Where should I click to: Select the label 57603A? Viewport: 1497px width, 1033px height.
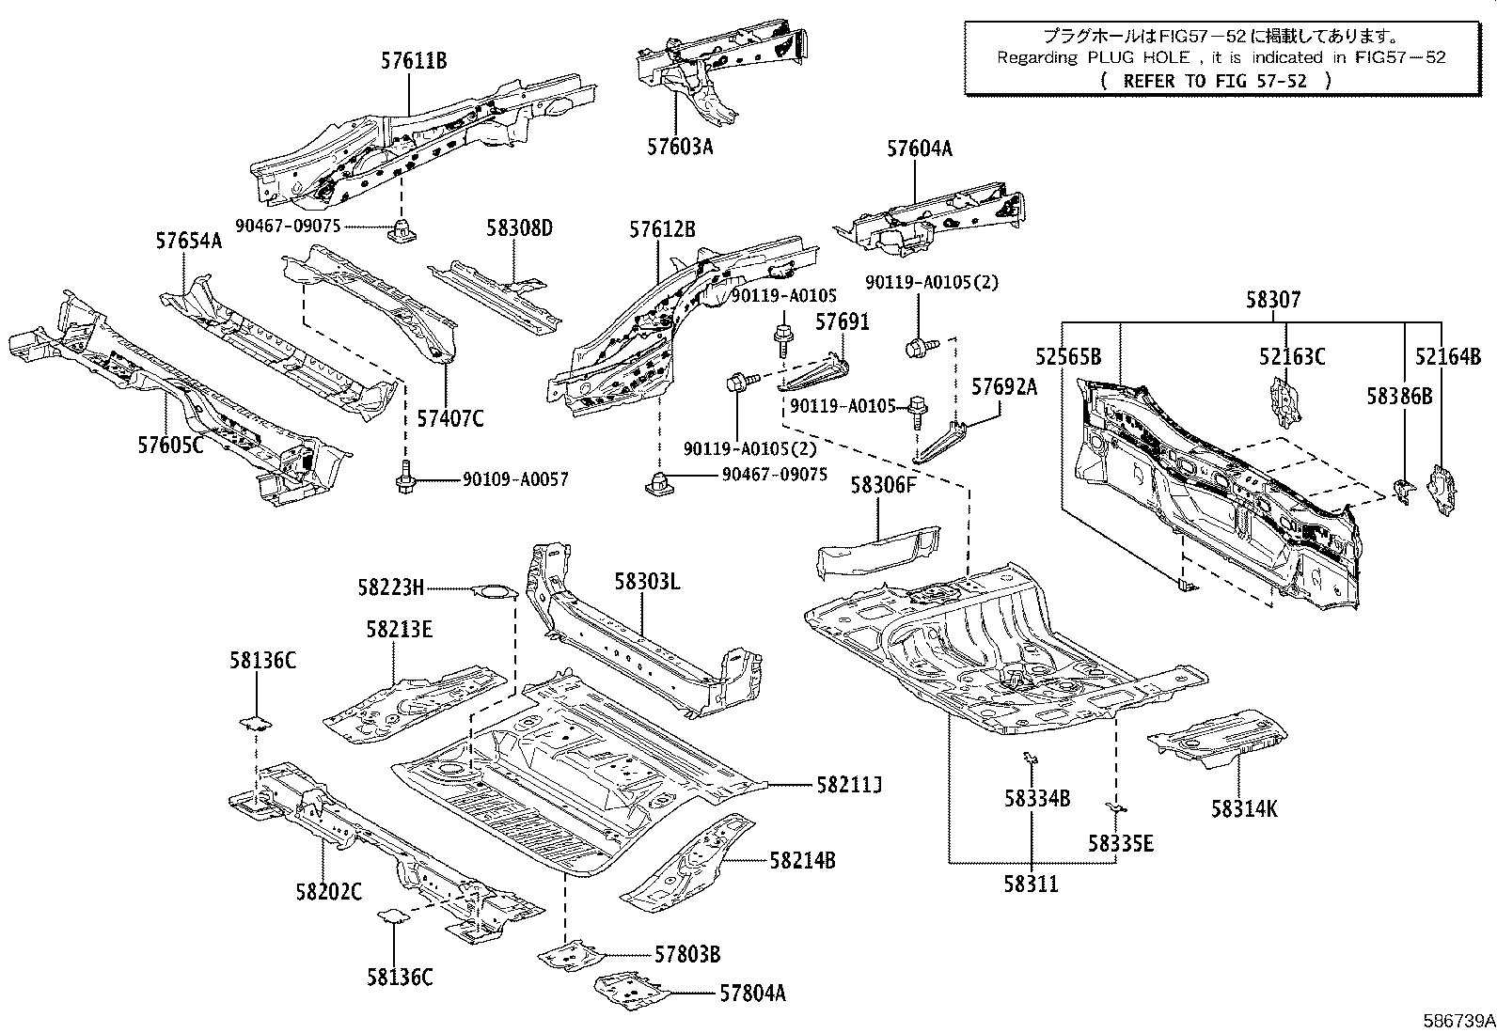(x=679, y=147)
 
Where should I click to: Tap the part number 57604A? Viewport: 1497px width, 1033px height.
(x=919, y=149)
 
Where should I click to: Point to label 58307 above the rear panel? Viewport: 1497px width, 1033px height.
(x=1273, y=300)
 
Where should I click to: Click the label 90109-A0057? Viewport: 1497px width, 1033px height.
(x=514, y=479)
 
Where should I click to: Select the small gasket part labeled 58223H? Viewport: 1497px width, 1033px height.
(x=494, y=591)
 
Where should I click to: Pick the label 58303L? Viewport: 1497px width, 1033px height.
(x=647, y=582)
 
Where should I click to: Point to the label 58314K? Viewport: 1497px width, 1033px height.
(x=1243, y=808)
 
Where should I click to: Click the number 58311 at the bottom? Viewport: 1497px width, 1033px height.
(x=1031, y=884)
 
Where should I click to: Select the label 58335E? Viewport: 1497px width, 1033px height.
(x=1121, y=843)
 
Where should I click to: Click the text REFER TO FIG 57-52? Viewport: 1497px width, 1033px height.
(x=1215, y=81)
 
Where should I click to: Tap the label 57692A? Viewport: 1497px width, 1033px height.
(x=1003, y=386)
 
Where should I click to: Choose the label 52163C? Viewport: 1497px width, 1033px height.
(x=1292, y=356)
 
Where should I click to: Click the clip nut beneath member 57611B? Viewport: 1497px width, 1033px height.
(x=401, y=228)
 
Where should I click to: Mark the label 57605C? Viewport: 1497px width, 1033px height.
(x=170, y=445)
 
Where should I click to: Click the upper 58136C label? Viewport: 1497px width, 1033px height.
(x=261, y=661)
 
